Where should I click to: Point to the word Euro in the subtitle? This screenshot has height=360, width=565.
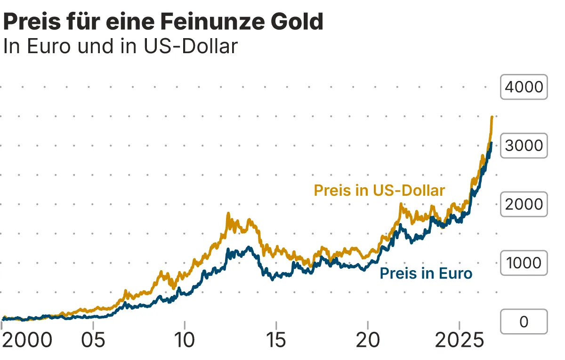tap(49, 47)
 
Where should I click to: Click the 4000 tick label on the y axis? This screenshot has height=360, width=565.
tap(524, 87)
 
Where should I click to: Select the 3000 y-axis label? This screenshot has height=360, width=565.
tap(524, 145)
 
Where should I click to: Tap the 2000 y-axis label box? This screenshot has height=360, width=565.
tap(524, 204)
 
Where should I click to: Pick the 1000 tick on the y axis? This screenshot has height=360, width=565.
tap(524, 263)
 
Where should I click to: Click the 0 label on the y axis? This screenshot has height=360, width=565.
tap(524, 321)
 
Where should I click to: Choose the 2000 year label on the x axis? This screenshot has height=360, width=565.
tap(27, 340)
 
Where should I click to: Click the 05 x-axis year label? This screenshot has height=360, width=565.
tap(94, 340)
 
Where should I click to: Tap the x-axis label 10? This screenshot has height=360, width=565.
tap(185, 340)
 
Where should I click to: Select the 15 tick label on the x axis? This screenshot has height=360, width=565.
tap(276, 340)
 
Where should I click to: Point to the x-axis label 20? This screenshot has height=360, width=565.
tap(368, 340)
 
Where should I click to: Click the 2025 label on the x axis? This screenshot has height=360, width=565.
tap(459, 340)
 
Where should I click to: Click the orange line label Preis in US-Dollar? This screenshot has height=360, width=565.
tap(379, 191)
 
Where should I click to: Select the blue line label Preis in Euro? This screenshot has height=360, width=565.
tap(426, 273)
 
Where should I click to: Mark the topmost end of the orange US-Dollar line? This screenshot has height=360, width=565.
tap(492, 117)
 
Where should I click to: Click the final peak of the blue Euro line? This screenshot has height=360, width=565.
tap(491, 143)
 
